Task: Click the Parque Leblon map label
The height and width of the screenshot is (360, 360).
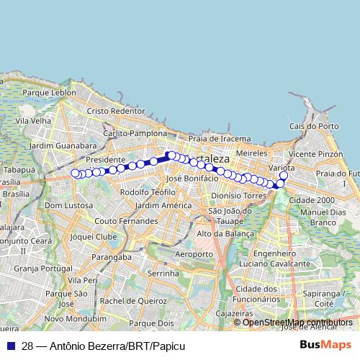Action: [49, 93]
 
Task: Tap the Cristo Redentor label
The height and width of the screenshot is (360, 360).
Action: [116, 111]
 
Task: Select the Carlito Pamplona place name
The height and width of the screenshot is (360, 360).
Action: [135, 134]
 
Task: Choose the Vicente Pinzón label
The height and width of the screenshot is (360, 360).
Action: [315, 154]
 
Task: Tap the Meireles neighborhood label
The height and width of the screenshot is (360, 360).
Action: [252, 153]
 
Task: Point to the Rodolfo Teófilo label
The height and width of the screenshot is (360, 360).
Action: [148, 192]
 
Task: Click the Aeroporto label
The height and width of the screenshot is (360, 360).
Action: [194, 254]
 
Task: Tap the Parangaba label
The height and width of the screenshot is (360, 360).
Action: [112, 256]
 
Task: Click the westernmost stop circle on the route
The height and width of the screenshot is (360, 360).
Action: [75, 173]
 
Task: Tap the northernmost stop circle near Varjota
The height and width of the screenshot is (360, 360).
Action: [284, 176]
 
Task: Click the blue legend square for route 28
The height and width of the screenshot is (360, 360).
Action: [10, 346]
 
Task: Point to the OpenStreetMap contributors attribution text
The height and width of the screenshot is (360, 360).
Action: [297, 322]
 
